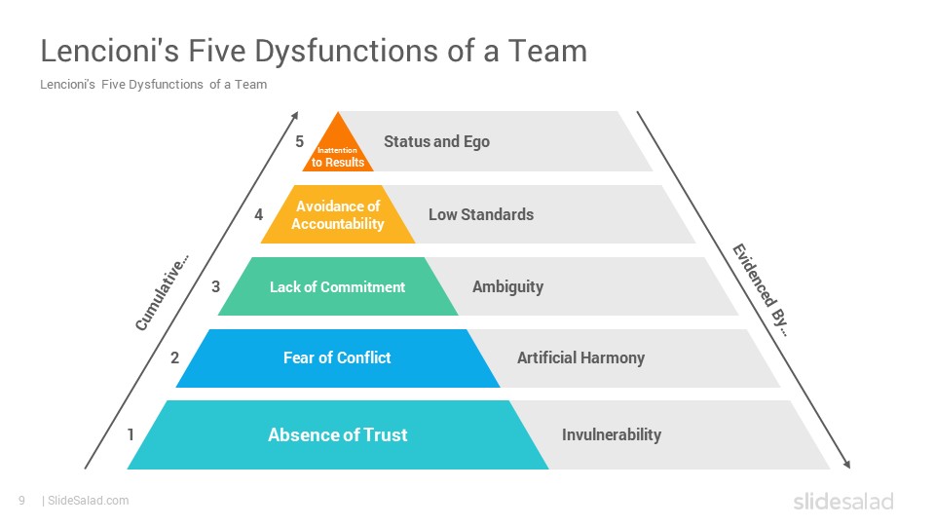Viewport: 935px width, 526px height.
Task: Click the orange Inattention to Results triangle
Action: click(338, 149)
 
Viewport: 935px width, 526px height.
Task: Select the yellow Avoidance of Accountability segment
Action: click(338, 214)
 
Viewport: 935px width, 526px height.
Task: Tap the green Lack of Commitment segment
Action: click(338, 286)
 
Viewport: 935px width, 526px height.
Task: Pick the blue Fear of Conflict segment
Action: click(338, 358)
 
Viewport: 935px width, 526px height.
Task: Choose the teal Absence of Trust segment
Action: click(338, 434)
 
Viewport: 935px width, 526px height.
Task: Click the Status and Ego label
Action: click(436, 142)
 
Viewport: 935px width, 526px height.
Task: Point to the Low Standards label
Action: click(481, 214)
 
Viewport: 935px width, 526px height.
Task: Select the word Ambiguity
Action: click(508, 286)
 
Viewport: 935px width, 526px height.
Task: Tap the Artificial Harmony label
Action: click(580, 357)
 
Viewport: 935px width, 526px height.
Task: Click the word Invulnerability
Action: click(612, 434)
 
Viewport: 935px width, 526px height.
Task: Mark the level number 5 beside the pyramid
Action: click(299, 141)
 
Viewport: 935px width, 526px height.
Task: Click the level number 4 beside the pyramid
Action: click(258, 214)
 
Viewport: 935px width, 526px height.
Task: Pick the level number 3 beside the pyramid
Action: click(216, 286)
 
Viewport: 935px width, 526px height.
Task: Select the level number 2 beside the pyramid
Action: click(174, 357)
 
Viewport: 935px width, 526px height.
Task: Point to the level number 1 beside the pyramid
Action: click(131, 434)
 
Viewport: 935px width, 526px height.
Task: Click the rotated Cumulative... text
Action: click(163, 292)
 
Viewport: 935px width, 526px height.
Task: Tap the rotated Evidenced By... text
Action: click(761, 290)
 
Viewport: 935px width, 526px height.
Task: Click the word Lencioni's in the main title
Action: click(110, 50)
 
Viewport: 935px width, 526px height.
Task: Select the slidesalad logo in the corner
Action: click(843, 501)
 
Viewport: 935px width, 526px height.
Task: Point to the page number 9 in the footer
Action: click(22, 501)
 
